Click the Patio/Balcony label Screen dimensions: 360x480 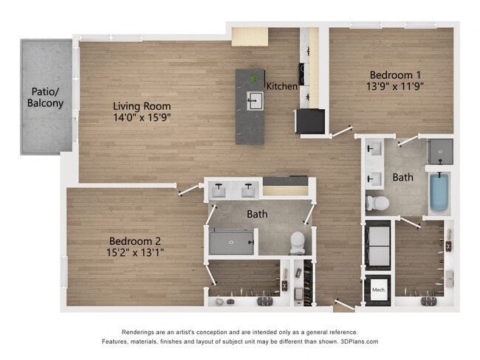[x=46, y=97]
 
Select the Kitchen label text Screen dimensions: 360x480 [x=282, y=86]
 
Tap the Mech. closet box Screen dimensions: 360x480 [x=380, y=288]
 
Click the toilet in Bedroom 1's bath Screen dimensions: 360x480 [x=377, y=202]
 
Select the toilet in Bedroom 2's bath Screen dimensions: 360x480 [x=297, y=241]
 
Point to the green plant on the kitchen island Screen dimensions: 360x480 [x=255, y=79]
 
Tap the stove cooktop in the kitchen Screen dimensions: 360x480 [x=303, y=72]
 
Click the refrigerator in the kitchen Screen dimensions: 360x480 [x=309, y=121]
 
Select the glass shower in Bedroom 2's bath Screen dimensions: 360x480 [x=231, y=241]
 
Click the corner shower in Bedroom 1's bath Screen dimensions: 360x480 [x=440, y=150]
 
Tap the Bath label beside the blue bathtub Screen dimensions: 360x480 [x=402, y=178]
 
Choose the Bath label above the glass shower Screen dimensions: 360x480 [x=256, y=215]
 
